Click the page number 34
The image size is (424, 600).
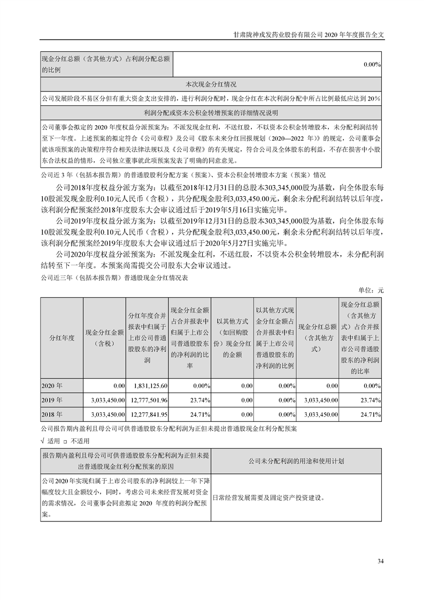380,561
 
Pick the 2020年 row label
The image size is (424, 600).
52,385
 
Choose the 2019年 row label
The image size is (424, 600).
52,399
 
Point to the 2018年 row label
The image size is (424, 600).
52,414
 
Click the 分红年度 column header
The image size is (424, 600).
61,337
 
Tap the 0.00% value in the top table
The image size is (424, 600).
372,65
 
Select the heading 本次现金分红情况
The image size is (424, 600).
211,84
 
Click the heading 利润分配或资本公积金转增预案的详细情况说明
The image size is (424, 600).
211,113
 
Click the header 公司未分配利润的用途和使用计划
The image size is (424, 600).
296,460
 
